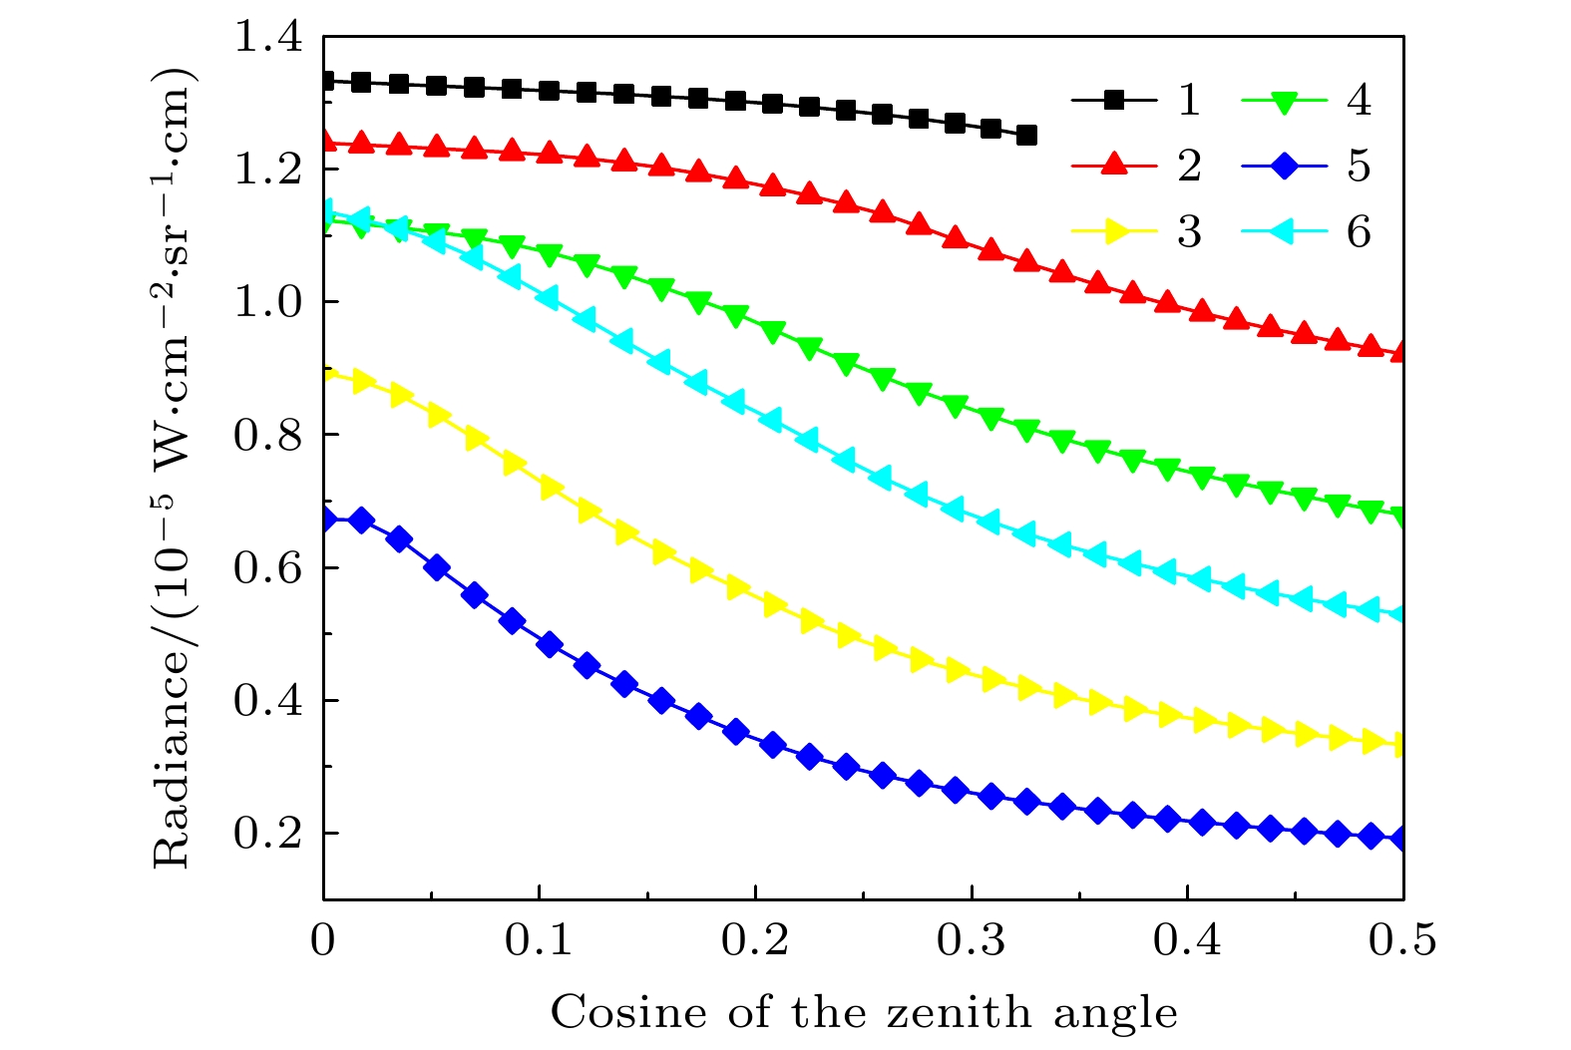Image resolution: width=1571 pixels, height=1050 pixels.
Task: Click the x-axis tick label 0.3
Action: pos(971,941)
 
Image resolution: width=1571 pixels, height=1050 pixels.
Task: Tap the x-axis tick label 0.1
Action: pos(539,941)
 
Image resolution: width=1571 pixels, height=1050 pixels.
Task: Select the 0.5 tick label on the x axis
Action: pos(1402,941)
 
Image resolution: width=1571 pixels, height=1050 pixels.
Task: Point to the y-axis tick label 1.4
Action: pos(266,38)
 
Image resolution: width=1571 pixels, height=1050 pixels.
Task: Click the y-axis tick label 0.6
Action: pos(266,568)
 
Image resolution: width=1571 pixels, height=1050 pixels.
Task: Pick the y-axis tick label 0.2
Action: pos(266,834)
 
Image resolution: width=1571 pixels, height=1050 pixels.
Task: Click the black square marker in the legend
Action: pos(1114,100)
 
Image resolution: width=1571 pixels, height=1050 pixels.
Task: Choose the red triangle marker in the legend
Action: pos(1114,165)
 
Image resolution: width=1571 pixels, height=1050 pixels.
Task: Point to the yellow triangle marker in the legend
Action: pos(1115,231)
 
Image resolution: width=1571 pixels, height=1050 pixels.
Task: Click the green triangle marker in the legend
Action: pos(1285,101)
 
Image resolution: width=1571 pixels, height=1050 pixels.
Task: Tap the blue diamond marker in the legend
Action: pos(1285,166)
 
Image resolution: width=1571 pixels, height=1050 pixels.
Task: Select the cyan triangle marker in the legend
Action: pos(1284,231)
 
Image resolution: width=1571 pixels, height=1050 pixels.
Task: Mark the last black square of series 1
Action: pos(1026,135)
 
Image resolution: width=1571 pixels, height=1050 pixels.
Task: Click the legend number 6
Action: pos(1359,232)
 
